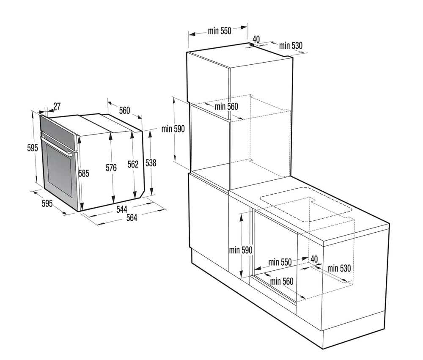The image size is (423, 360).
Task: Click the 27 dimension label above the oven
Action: (57, 106)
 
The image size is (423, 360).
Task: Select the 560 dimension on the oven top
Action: (124, 110)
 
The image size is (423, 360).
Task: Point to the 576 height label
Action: (111, 168)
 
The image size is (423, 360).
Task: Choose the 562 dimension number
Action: (133, 165)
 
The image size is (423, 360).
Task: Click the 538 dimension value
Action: (151, 162)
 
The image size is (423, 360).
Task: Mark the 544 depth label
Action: (121, 209)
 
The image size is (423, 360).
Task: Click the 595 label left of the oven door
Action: (33, 148)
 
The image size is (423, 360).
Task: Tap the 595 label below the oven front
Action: (47, 204)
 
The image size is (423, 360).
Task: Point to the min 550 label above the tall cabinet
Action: (220, 31)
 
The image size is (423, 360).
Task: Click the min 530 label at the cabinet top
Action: (291, 46)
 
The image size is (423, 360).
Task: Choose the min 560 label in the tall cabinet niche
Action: (226, 107)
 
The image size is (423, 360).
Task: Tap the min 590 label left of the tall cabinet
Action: (173, 129)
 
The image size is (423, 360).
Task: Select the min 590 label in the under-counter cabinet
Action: (241, 250)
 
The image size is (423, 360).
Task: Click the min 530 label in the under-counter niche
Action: (339, 268)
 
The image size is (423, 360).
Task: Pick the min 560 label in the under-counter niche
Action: (282, 281)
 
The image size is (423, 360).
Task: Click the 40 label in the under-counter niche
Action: (314, 258)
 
